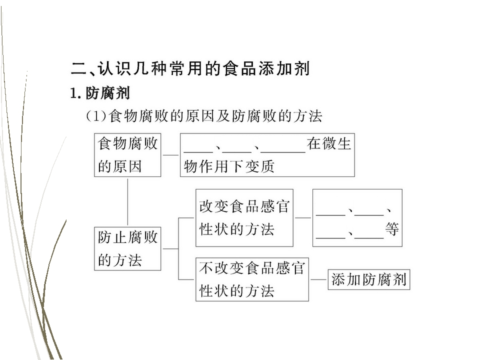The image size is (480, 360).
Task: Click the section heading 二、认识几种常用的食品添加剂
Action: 190,68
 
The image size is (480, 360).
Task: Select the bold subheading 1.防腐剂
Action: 100,93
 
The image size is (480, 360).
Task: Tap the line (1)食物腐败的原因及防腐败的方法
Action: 204,116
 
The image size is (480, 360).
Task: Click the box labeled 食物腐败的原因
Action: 127,155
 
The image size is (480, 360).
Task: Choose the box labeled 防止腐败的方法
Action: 127,248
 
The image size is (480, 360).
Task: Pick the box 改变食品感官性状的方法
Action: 244,217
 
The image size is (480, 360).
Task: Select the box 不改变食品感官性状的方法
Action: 252,279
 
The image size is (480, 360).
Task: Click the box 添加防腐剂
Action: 368,279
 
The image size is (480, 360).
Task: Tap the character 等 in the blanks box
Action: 392,229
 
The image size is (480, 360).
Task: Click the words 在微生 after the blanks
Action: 329,143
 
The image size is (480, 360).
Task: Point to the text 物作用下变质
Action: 228,166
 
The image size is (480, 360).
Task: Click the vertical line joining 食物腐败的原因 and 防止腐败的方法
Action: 127,202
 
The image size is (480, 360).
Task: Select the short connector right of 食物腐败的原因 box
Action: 170,155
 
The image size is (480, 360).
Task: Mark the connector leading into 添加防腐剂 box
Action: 318,279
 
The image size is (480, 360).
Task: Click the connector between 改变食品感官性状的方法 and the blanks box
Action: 303,218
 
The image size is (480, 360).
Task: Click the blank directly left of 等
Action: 369,237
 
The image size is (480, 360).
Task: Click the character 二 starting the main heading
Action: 79,68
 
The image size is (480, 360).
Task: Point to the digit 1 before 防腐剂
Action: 73,93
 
